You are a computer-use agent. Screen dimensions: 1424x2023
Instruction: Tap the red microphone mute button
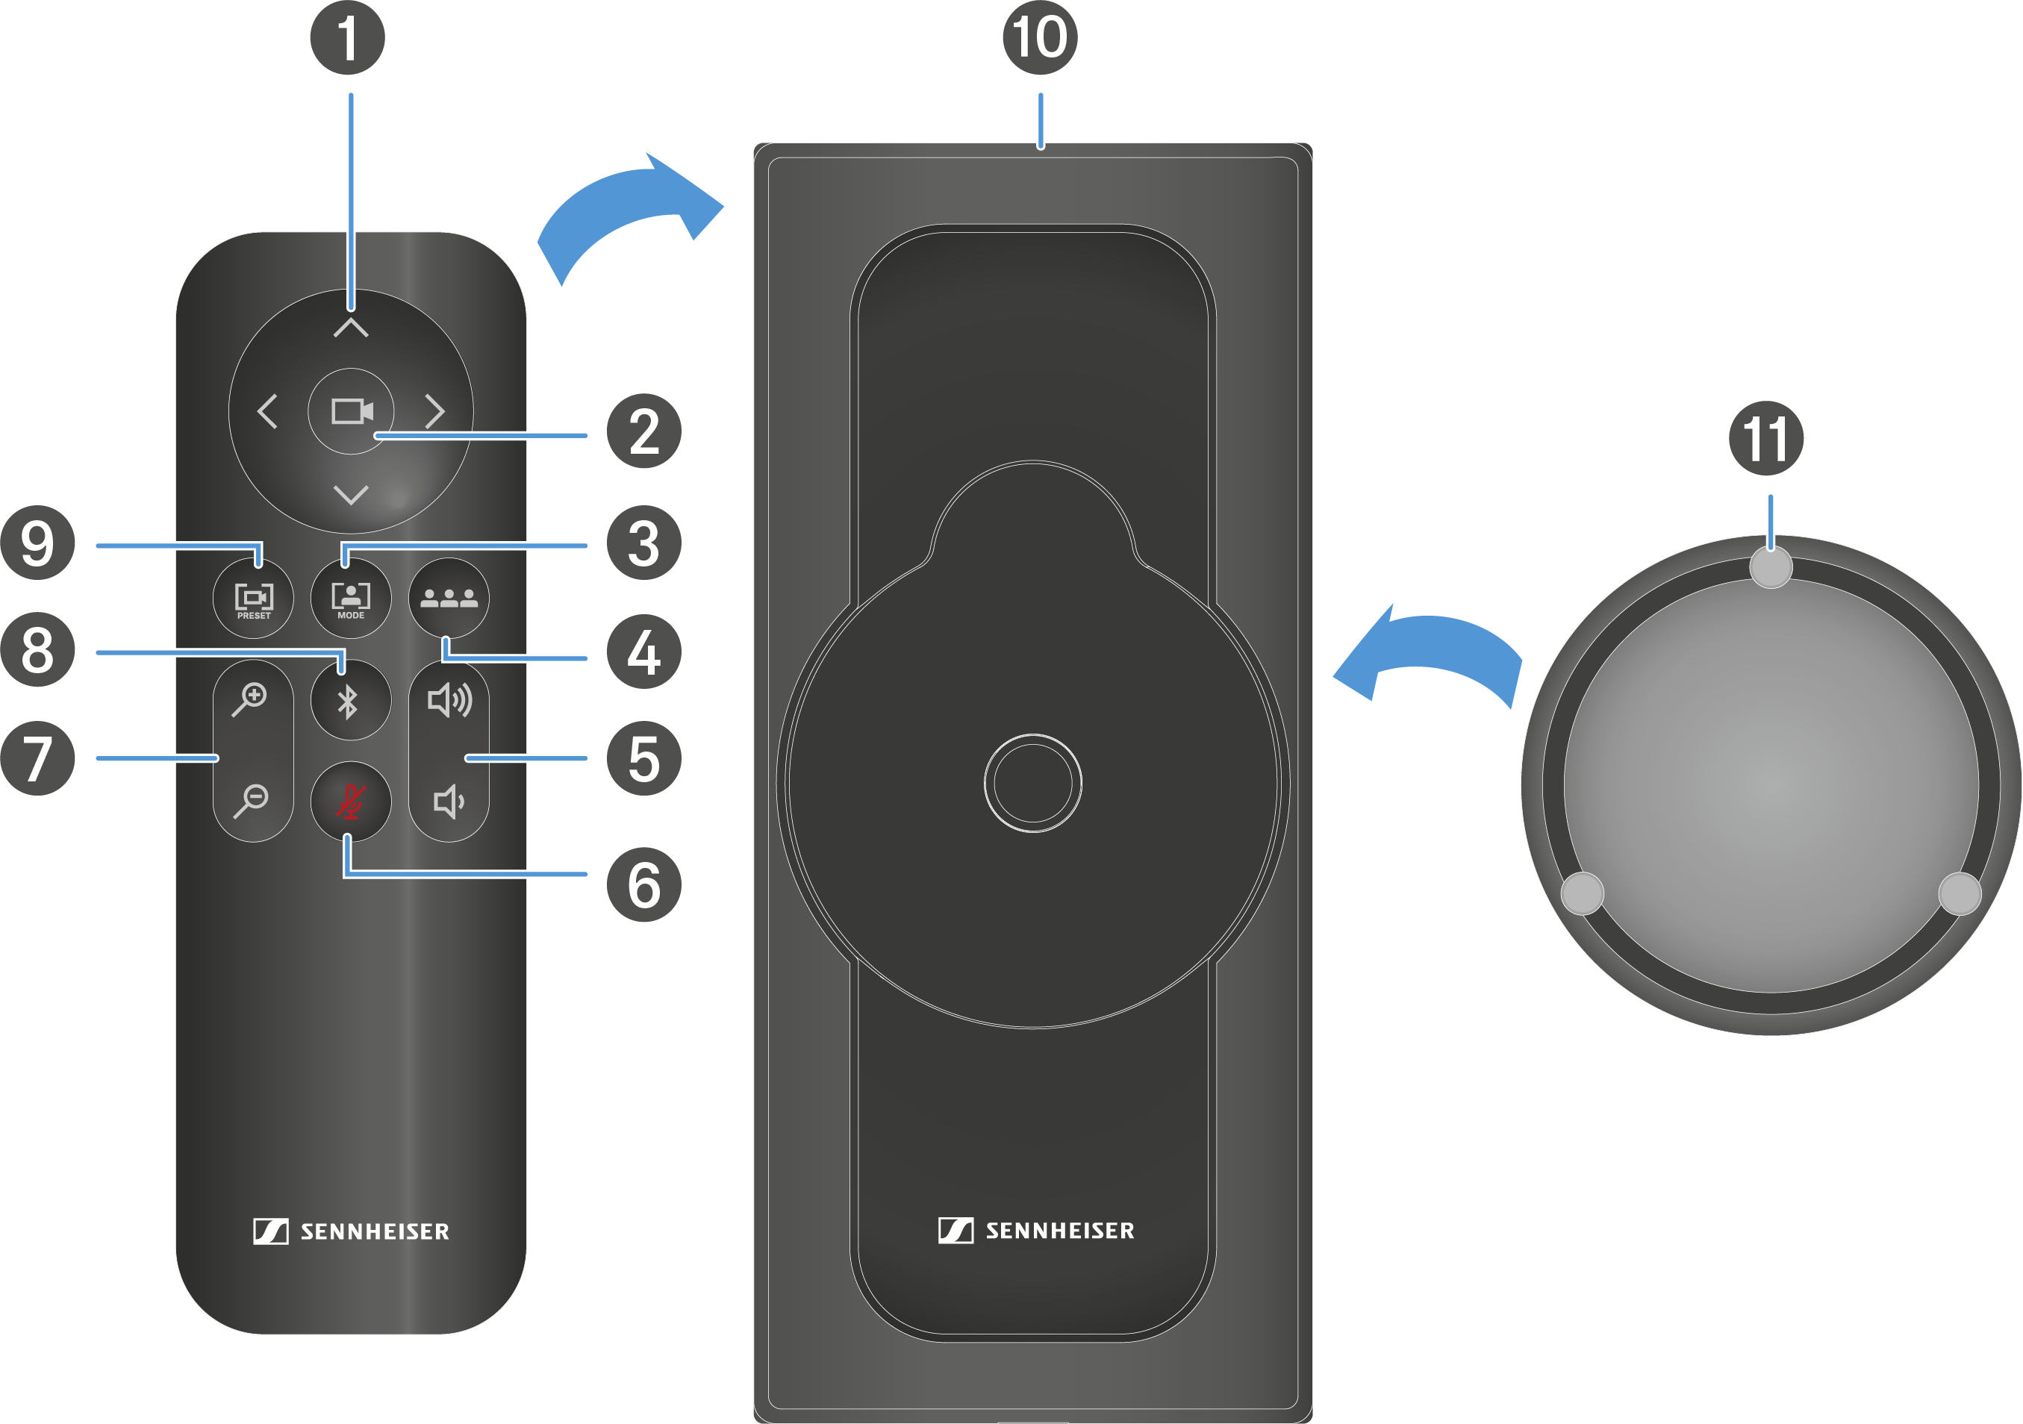(351, 802)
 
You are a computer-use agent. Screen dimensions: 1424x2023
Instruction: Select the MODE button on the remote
(351, 599)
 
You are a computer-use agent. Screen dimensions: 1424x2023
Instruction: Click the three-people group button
(449, 599)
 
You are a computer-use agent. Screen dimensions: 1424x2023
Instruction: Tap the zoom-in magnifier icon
(250, 699)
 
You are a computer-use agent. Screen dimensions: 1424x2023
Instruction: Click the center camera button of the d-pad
(351, 411)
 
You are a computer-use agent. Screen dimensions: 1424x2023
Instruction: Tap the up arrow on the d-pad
(351, 328)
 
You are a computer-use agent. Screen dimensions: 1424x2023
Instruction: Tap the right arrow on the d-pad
(434, 411)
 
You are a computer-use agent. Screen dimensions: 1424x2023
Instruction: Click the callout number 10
(1040, 38)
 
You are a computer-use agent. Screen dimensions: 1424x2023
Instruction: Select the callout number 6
(644, 885)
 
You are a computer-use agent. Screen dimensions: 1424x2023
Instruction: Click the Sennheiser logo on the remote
(351, 1231)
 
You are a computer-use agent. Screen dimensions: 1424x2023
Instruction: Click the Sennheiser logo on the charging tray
(1036, 1230)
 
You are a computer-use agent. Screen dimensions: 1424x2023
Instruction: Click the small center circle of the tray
(1032, 783)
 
